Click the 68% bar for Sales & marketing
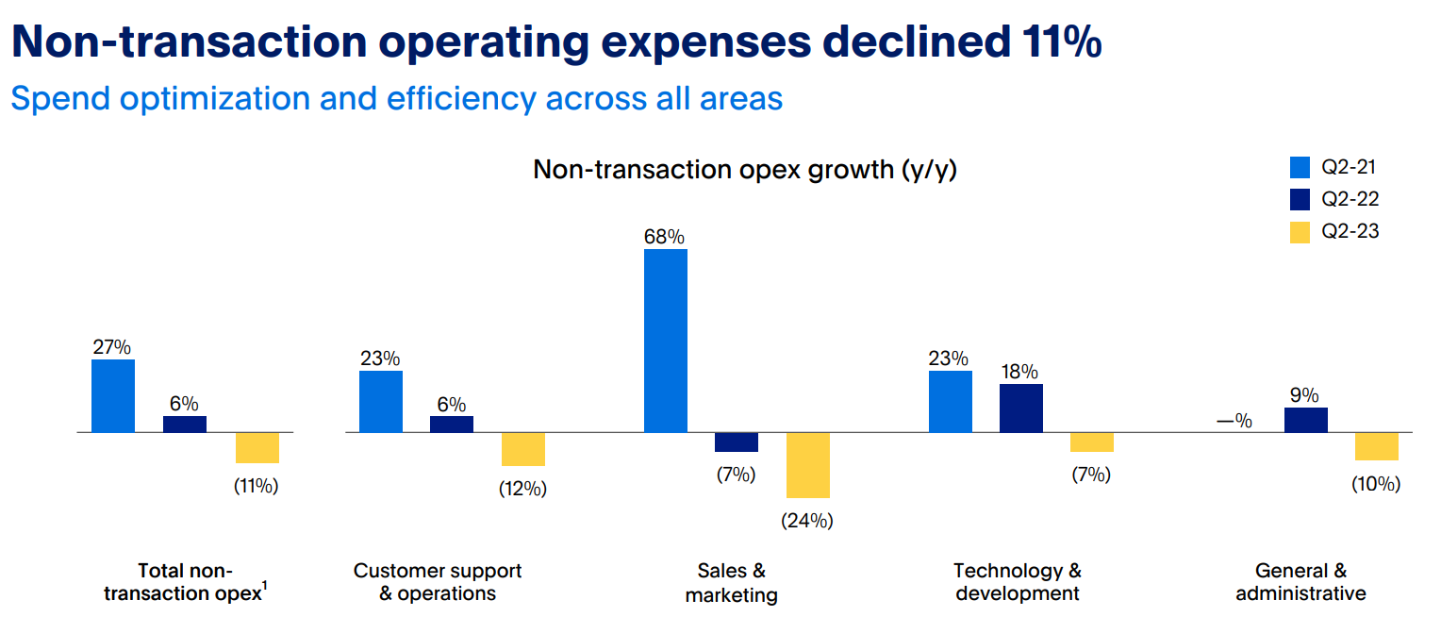(665, 341)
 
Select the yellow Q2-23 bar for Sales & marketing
(807, 465)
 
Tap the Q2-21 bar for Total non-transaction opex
(113, 396)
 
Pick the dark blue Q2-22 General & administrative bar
(1305, 420)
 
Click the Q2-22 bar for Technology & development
(1021, 409)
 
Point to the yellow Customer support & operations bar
(522, 449)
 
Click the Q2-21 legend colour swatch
(1300, 168)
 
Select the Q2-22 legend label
(1350, 199)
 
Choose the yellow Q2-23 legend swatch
(1300, 231)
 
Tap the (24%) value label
(807, 520)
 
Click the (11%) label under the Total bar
(257, 487)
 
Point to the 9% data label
(1305, 395)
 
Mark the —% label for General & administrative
(1234, 421)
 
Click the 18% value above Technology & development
(1019, 372)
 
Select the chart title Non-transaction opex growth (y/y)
(745, 170)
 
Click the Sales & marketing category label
(731, 582)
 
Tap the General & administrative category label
(1300, 582)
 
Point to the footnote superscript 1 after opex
(265, 587)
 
